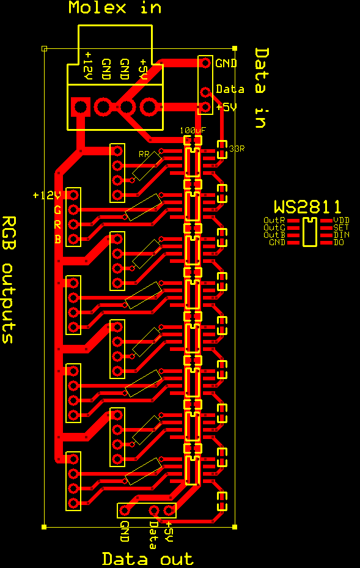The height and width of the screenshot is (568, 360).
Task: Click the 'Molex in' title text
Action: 115,7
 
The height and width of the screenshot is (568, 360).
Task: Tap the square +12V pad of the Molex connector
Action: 81,107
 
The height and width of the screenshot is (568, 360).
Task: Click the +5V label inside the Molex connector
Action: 143,70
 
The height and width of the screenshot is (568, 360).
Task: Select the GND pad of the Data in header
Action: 206,63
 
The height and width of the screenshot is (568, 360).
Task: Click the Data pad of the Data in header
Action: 206,92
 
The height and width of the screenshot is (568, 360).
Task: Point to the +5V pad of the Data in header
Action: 206,107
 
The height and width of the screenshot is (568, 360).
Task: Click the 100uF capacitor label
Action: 193,130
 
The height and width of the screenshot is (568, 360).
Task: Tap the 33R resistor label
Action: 237,149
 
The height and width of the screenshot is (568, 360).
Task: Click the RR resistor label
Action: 144,154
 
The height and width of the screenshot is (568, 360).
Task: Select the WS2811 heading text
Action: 307,207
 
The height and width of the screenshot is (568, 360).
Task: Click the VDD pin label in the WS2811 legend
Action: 341,220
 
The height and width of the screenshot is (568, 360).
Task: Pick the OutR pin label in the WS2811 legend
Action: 274,220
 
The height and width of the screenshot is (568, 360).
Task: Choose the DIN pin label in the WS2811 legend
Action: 341,235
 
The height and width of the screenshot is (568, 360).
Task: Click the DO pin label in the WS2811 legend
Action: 339,242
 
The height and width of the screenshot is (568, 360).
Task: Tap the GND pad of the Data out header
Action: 125,511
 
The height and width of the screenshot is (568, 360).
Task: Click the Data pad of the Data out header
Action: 154,511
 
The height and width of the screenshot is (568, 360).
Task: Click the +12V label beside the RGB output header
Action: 46,196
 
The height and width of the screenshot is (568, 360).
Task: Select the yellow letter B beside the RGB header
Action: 57,240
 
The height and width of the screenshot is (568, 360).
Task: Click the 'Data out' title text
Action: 148,559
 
